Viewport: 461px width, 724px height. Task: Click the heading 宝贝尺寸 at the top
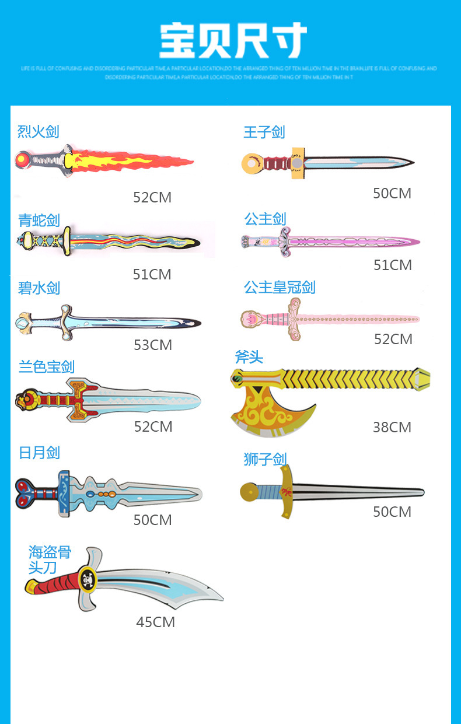[x=233, y=40]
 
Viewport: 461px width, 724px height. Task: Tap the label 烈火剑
[x=39, y=131]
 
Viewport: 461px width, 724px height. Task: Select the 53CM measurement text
[x=153, y=345]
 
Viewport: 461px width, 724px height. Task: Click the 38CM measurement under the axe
[x=392, y=427]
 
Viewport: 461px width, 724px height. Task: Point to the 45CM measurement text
[x=155, y=622]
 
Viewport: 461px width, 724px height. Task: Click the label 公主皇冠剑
[x=280, y=287]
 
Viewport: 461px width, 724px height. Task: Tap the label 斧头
[x=249, y=356]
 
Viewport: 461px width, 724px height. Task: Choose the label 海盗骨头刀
[x=49, y=559]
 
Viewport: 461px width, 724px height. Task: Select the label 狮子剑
[x=266, y=459]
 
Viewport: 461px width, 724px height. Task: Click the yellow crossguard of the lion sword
[x=286, y=492]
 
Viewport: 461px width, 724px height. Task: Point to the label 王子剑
[x=264, y=132]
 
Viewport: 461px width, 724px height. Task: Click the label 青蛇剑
[x=39, y=220]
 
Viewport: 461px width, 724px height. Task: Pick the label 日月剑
[x=39, y=452]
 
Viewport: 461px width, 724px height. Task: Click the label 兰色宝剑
[x=47, y=366]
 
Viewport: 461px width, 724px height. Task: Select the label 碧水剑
[x=39, y=288]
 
